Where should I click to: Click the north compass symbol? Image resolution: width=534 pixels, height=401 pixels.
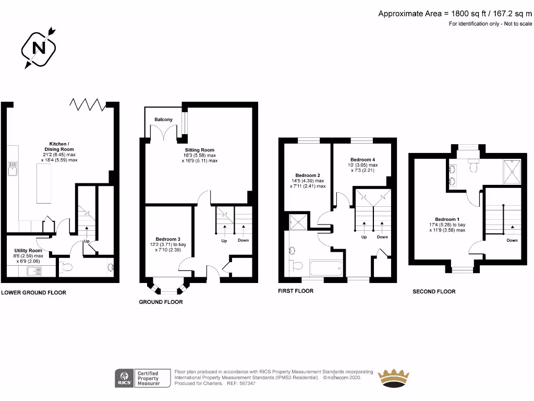coord(39,48)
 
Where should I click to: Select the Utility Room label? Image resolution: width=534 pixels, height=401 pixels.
coord(28,251)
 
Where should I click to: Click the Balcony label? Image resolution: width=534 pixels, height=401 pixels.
coord(163,120)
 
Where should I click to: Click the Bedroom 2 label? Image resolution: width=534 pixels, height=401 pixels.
coord(308,175)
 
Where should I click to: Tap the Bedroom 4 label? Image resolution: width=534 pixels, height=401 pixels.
coord(362,159)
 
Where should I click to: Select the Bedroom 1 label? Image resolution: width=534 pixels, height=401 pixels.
coord(447,219)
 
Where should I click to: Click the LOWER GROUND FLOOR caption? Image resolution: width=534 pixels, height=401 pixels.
coord(34,292)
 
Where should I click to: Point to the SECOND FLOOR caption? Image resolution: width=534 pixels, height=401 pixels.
coord(434,291)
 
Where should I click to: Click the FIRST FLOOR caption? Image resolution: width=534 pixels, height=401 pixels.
coord(296,291)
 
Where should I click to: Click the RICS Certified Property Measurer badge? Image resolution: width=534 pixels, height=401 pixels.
coord(144,378)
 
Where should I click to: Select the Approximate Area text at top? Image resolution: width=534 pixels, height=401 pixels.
coord(455,14)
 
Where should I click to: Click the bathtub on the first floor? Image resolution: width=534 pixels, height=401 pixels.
coord(326,269)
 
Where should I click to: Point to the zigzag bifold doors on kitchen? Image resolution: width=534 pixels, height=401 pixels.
coord(87,104)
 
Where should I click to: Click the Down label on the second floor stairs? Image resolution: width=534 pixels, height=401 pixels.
coord(512,240)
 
